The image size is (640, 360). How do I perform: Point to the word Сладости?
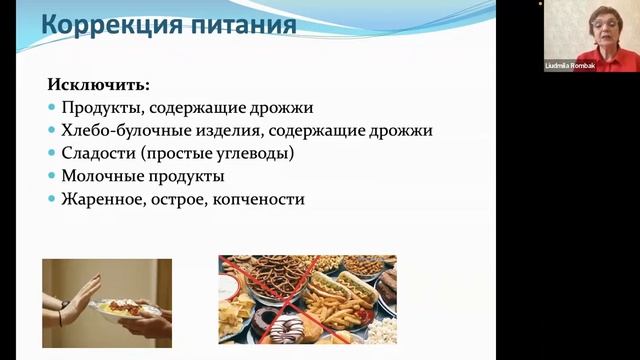pos(97,154)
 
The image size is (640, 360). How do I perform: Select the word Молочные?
pos(101,177)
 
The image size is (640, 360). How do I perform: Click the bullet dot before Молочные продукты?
pos(52,177)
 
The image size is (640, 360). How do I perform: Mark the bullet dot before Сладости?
pos(52,154)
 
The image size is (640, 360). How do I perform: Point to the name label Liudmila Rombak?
pos(570,65)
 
